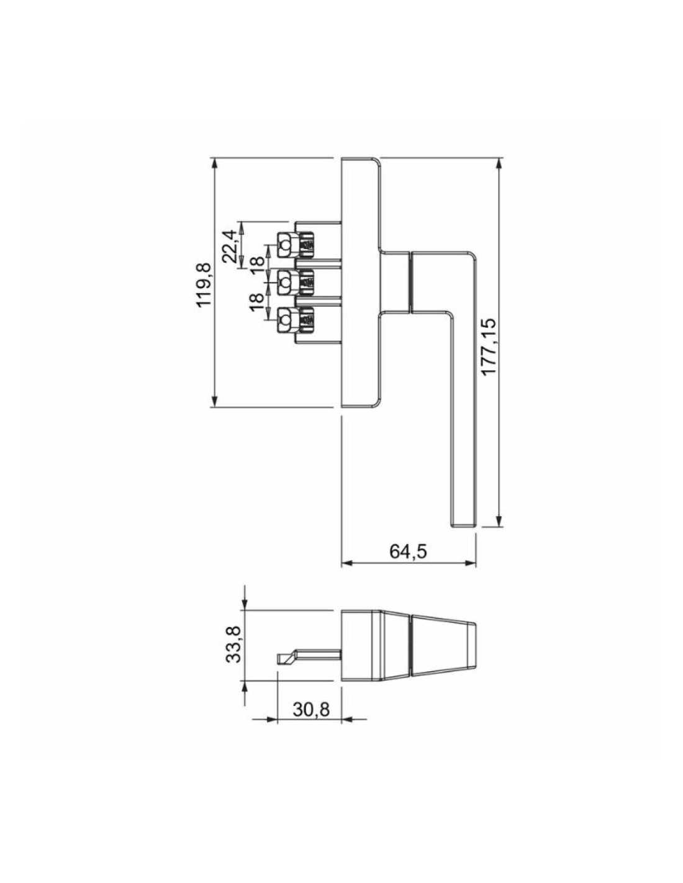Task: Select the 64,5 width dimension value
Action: [x=409, y=551]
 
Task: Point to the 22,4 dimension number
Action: [x=230, y=246]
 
